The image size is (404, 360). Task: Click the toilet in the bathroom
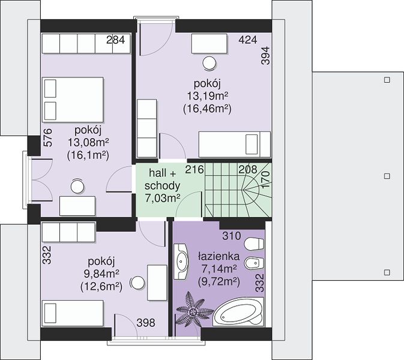coord(254,244)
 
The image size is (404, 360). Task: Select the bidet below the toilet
coord(254,263)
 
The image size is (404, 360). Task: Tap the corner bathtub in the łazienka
coord(238,312)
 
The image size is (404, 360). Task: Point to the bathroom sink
coord(181,262)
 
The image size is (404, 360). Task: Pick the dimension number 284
coord(116,40)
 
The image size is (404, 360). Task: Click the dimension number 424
coord(248,40)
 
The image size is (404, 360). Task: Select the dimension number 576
coord(48,138)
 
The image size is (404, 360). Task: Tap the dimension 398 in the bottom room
coord(146,323)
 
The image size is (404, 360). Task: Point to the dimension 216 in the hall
coord(194,170)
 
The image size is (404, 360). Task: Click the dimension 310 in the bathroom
coord(232,236)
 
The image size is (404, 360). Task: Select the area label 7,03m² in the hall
coord(162,199)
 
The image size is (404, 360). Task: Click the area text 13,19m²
coord(208,97)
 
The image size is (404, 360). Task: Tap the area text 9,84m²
coord(101,274)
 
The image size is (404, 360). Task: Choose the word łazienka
coord(219,256)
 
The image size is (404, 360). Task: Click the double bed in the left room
coord(73,100)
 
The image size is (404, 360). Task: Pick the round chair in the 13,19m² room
coord(209,64)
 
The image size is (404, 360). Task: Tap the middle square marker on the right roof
coord(387,176)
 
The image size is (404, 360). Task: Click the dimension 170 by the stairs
coord(265,180)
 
